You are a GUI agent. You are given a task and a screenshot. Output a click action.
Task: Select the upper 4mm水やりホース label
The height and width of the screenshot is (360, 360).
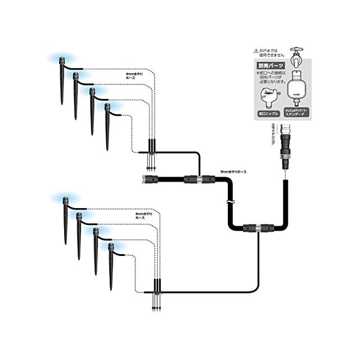click(136, 74)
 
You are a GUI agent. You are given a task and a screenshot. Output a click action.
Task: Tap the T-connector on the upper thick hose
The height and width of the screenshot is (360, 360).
click(199, 180)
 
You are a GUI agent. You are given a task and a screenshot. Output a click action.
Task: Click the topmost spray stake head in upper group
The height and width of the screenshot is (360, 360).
click(60, 61)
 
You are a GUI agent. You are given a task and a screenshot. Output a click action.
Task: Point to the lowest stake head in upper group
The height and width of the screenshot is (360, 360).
click(107, 108)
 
